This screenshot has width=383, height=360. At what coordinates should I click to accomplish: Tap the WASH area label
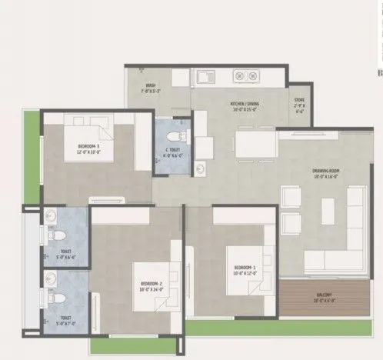click(151, 87)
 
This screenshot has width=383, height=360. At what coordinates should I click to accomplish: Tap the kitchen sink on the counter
click(205, 77)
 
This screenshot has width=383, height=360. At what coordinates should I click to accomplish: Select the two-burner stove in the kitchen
click(245, 77)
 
